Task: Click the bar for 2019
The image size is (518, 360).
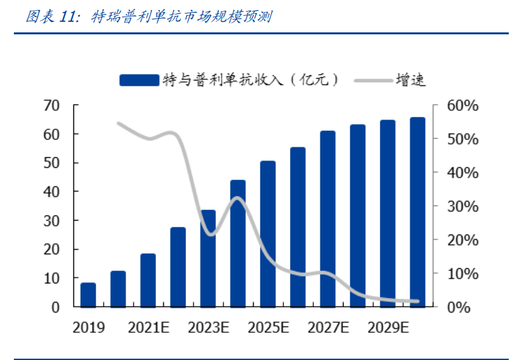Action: coord(88,295)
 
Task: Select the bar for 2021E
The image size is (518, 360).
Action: coord(148,281)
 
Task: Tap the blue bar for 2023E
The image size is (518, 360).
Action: coord(208,259)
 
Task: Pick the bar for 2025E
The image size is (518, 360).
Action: coord(268,234)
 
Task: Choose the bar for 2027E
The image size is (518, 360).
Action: coord(328,219)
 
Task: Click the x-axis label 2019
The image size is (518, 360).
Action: coord(89,327)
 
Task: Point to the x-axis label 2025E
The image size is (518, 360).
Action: coord(268,327)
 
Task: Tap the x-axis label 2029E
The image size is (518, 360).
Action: coord(388,327)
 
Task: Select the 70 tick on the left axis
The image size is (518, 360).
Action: coord(52,106)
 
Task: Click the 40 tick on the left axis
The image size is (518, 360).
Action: coord(52,192)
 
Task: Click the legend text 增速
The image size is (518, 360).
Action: coord(410,80)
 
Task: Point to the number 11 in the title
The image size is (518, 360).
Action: coord(69,17)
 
